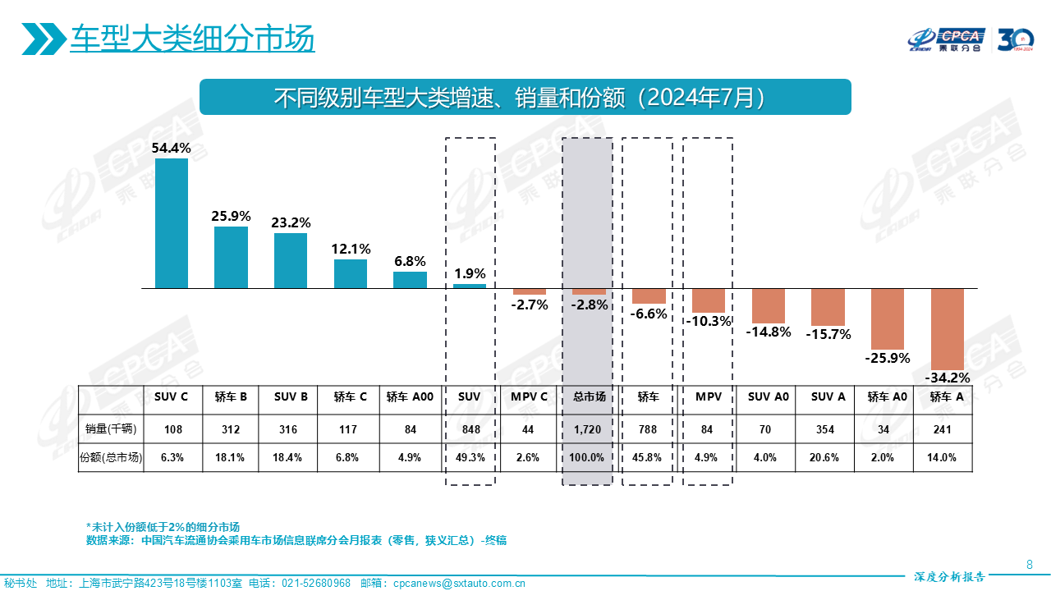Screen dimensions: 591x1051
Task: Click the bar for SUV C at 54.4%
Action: [x=172, y=223]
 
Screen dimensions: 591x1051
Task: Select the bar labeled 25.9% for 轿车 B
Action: [x=232, y=257]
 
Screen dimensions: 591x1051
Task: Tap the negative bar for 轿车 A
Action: [x=947, y=328]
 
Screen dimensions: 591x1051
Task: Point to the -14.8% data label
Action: [x=769, y=332]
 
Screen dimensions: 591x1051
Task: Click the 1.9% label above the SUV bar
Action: [x=470, y=274]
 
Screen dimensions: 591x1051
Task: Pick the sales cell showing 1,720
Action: [x=589, y=428]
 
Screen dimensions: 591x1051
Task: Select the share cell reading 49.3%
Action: [x=470, y=458]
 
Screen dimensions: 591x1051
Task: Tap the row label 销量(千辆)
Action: [x=111, y=428]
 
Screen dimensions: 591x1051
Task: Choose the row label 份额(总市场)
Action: [x=111, y=458]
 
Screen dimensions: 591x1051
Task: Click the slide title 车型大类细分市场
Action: [x=192, y=39]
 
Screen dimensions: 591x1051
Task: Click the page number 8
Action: [x=1030, y=564]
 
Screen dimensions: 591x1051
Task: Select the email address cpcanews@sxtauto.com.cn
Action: [x=459, y=584]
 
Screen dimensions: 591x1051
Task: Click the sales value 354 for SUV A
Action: [x=828, y=428]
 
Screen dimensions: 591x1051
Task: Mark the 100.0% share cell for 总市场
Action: [x=589, y=458]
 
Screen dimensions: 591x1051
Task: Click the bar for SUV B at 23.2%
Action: [x=291, y=260]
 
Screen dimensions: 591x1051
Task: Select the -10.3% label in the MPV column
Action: [x=708, y=321]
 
